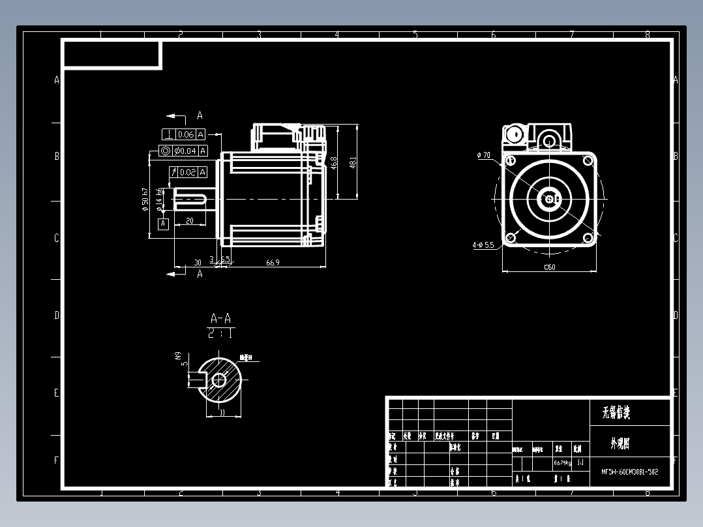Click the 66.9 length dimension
tap(273, 262)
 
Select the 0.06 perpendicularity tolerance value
tap(186, 134)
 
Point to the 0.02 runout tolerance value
tap(188, 172)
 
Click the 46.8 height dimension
tap(334, 163)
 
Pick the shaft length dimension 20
tap(190, 221)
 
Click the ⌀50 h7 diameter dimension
tap(145, 200)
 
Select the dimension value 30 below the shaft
tap(197, 262)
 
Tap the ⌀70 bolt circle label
tap(484, 155)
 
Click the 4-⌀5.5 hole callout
tap(483, 245)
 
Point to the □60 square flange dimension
tap(549, 267)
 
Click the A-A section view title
tap(220, 319)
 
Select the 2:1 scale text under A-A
tap(220, 333)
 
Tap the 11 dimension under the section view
tap(222, 413)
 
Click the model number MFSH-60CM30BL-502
tap(630, 471)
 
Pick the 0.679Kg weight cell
tap(562, 463)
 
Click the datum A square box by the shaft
tap(163, 224)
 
